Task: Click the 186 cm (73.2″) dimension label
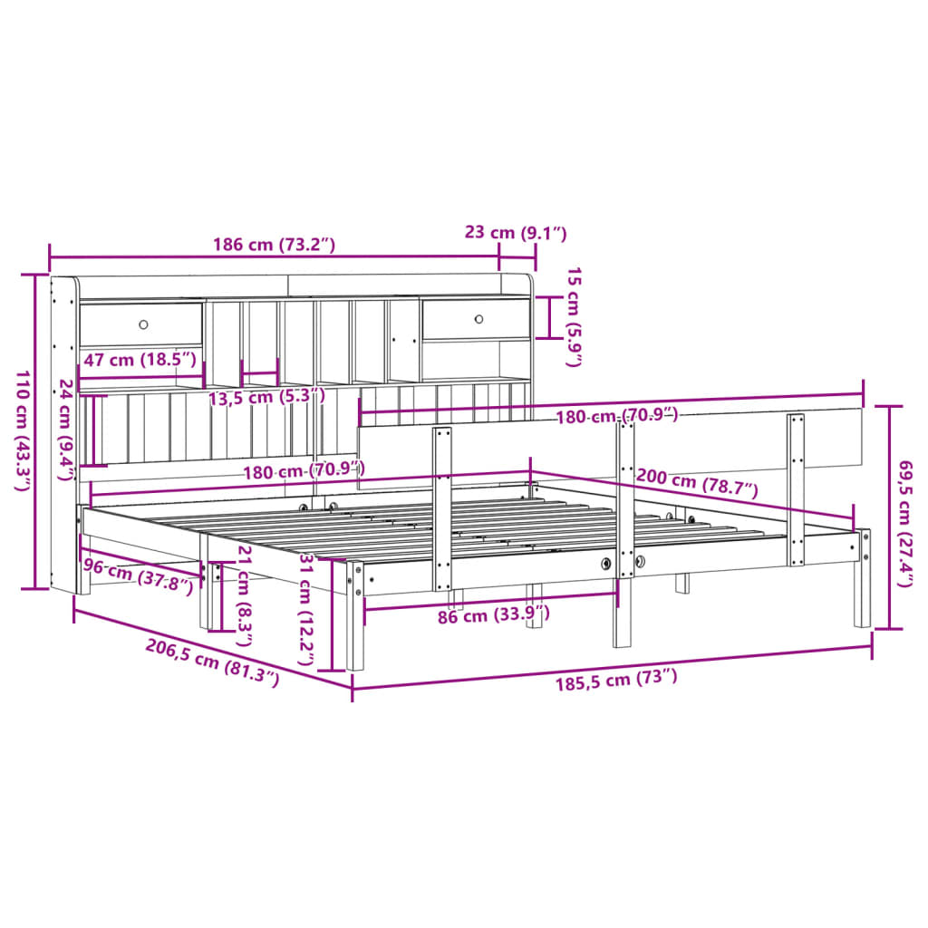pyautogui.click(x=274, y=244)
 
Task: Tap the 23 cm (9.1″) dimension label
pyautogui.click(x=515, y=233)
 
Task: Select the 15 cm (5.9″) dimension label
pyautogui.click(x=574, y=316)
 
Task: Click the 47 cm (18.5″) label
pyautogui.click(x=140, y=360)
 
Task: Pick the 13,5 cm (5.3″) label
pyautogui.click(x=266, y=396)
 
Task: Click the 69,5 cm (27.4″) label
pyautogui.click(x=903, y=523)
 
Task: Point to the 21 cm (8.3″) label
pyautogui.click(x=242, y=589)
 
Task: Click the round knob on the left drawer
pyautogui.click(x=143, y=324)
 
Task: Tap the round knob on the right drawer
pyautogui.click(x=480, y=318)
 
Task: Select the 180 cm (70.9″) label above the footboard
pyautogui.click(x=615, y=416)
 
